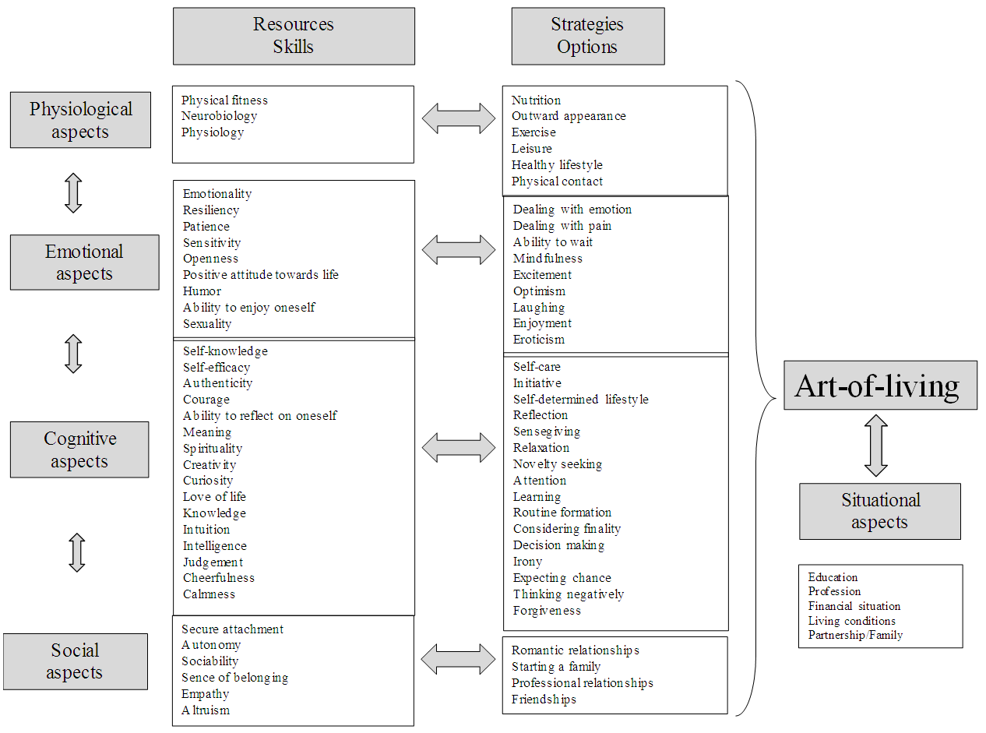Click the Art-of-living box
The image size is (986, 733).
point(880,386)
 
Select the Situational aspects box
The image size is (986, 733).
point(879,511)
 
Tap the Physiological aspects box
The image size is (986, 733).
point(80,120)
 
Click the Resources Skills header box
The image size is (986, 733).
point(294,36)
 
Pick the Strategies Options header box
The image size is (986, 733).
point(587,36)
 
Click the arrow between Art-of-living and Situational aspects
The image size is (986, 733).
point(876,445)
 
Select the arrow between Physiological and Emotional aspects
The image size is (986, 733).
point(74,192)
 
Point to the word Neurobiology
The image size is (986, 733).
point(219,116)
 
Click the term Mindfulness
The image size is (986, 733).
point(548,259)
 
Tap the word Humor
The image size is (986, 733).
point(202,291)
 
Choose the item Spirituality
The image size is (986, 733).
point(213,449)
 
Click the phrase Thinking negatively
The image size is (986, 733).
point(568,594)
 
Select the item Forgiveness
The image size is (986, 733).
point(547,611)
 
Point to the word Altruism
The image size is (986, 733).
point(206,710)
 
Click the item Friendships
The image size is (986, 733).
point(544,700)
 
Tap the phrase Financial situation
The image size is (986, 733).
point(854,606)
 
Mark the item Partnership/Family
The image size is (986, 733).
point(855,635)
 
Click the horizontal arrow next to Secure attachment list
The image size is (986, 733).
point(459,660)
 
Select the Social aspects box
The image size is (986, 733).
point(75,661)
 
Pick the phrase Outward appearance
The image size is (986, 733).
point(569,116)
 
